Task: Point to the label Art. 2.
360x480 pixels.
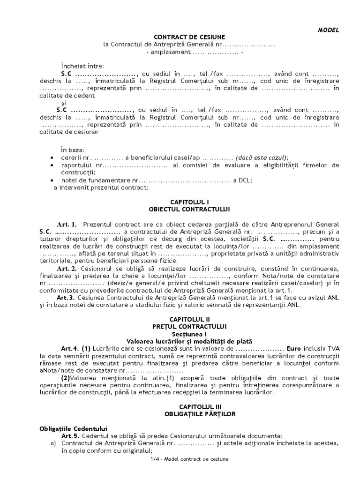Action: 67,269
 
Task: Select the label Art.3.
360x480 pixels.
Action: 66,298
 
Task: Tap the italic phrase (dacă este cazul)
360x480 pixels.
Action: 262,158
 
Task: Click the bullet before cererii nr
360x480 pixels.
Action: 52,158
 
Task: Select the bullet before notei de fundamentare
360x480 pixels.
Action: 52,180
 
